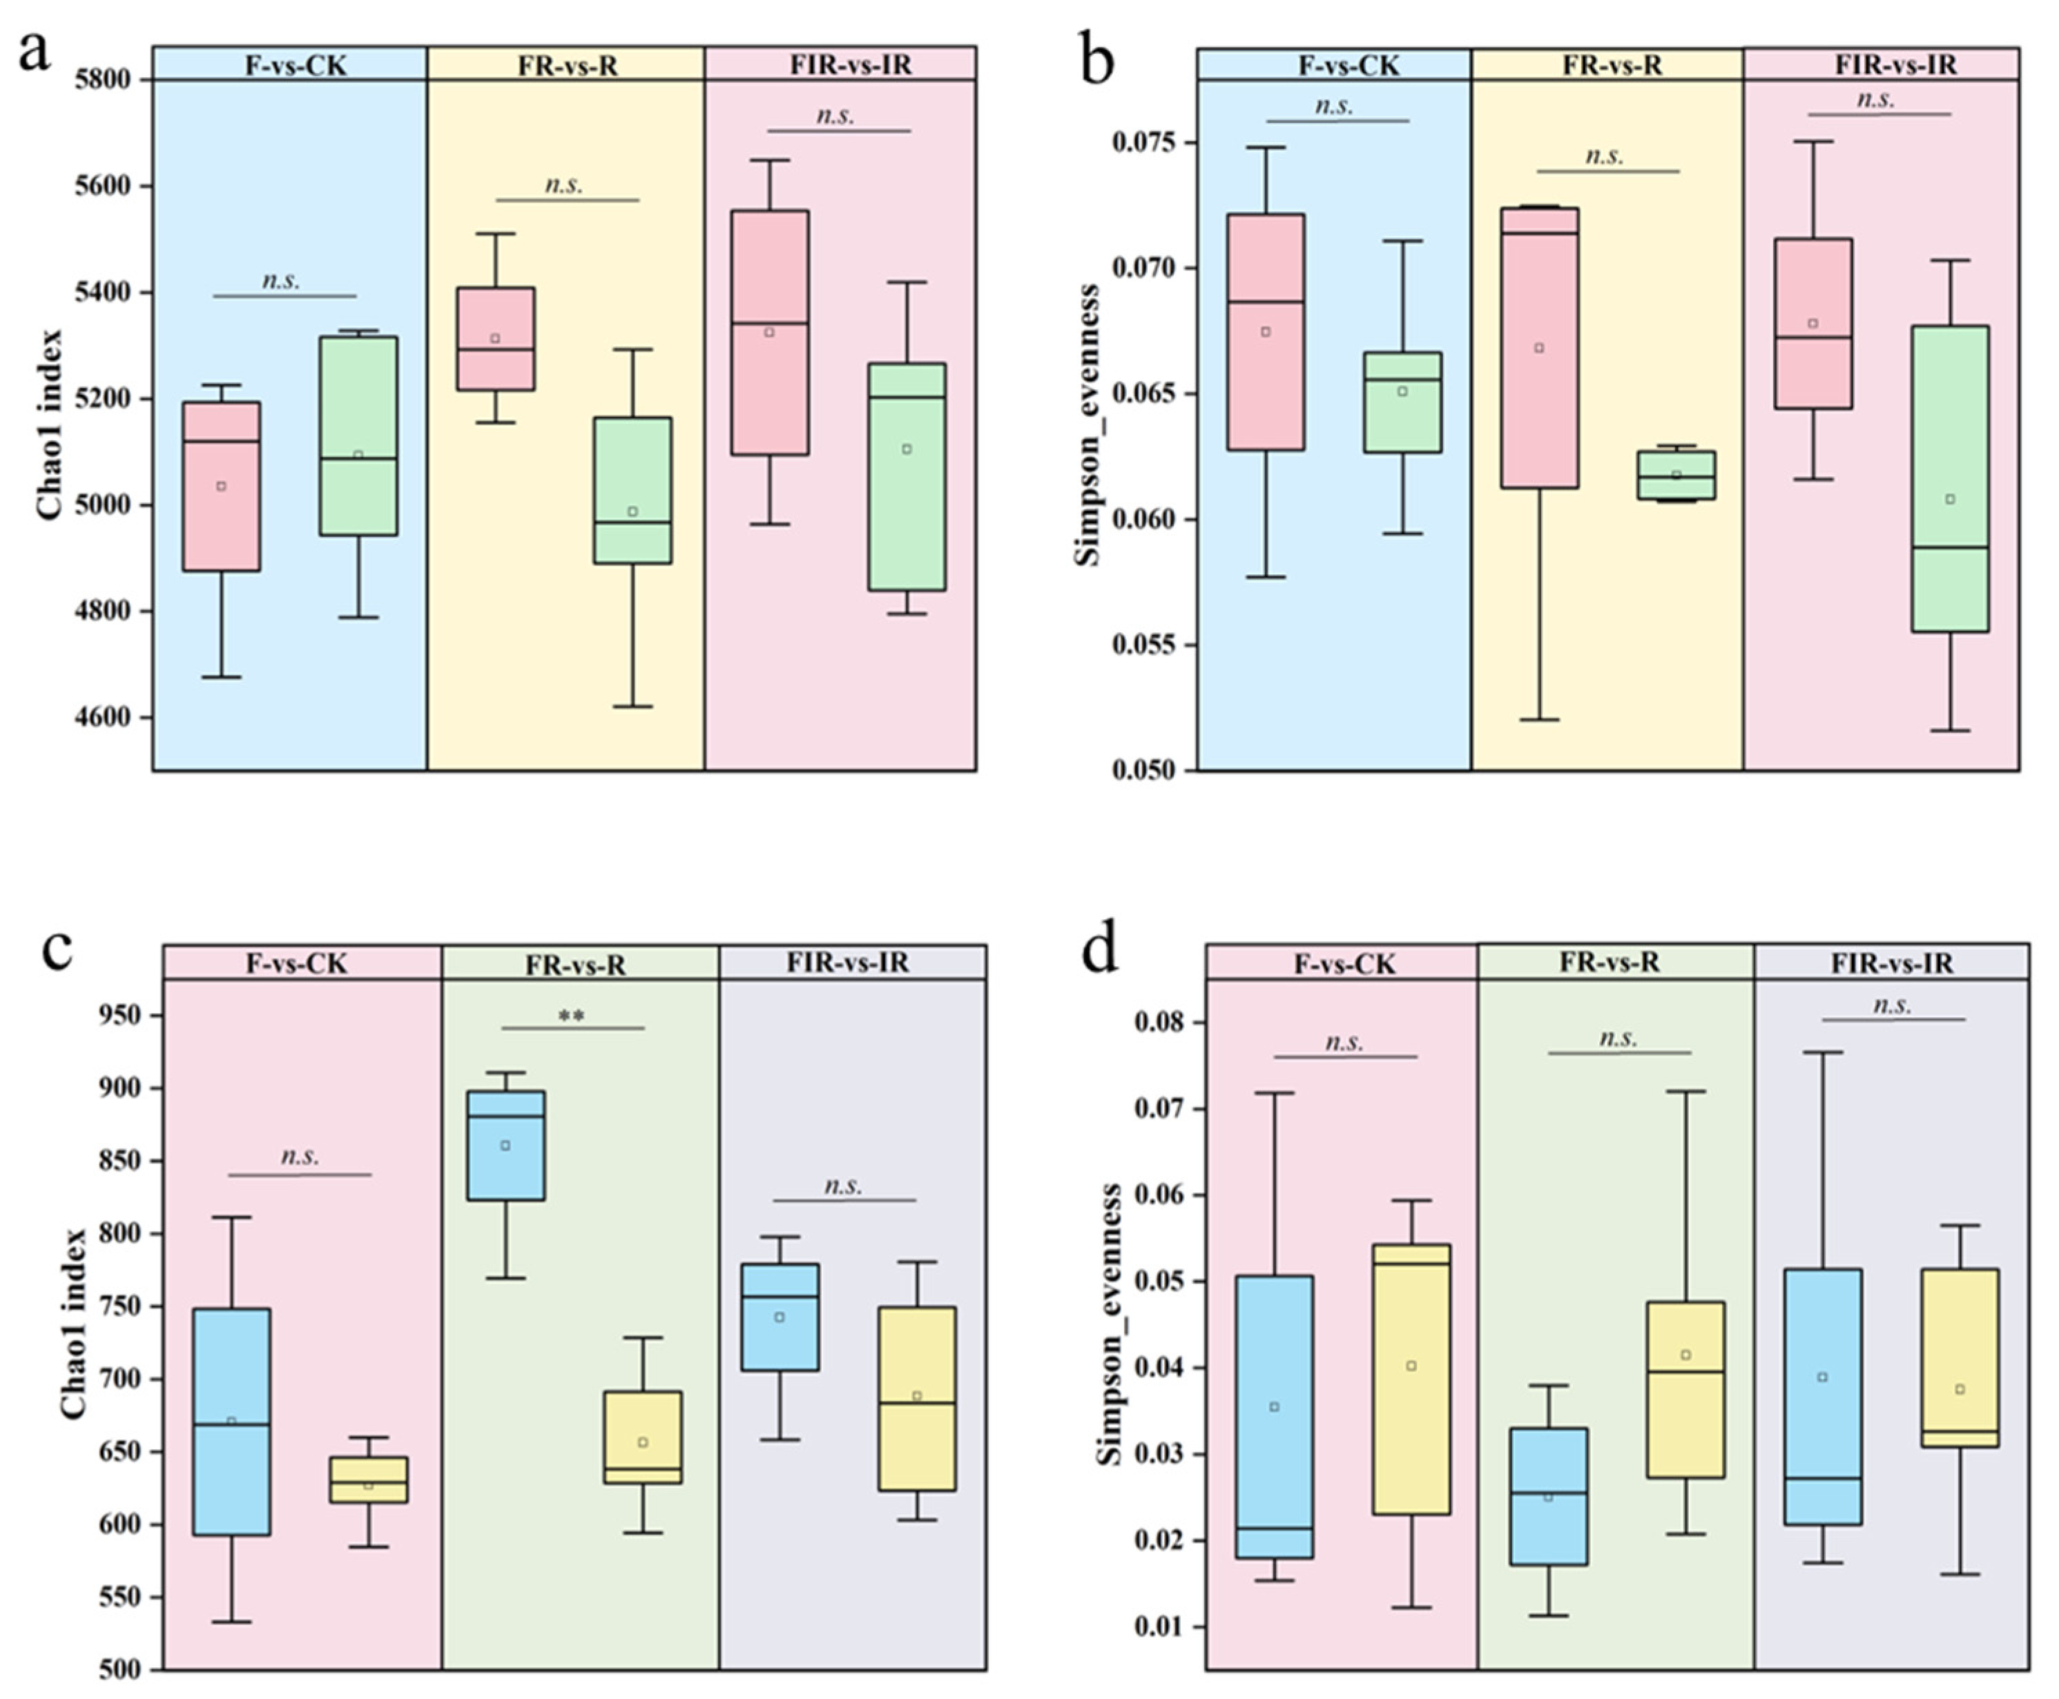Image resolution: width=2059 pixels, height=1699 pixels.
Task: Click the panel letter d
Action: click(1098, 950)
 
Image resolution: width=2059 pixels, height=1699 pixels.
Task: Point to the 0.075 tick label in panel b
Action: click(1145, 143)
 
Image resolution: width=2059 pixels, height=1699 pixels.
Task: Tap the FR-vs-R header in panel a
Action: click(567, 66)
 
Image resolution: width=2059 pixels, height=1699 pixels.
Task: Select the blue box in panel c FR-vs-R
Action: click(505, 1145)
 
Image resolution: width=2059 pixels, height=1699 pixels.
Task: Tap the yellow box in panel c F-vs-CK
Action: click(368, 1480)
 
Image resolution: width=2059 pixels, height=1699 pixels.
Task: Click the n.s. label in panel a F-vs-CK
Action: click(281, 281)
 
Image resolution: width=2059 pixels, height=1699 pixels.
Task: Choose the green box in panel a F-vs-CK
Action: click(358, 435)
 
